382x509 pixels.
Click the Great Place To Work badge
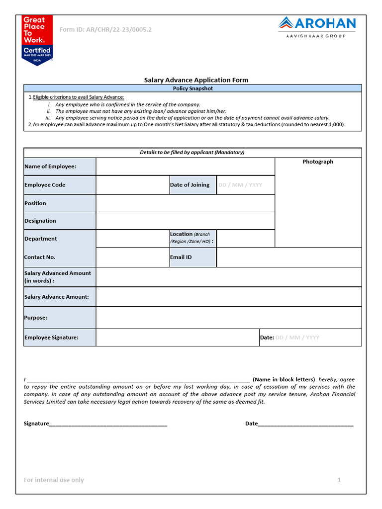click(x=37, y=40)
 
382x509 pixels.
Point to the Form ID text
click(x=105, y=30)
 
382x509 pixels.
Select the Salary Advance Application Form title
click(x=196, y=80)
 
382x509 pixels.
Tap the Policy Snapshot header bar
click(x=192, y=88)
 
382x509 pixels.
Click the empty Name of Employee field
click(x=185, y=167)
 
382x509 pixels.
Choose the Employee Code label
click(x=45, y=185)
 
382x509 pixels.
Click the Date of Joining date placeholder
click(x=240, y=185)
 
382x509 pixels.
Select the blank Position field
click(x=185, y=203)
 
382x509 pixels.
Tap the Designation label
click(x=40, y=221)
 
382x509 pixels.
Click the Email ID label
click(x=181, y=257)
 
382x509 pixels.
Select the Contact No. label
click(x=40, y=257)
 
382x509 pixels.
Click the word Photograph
click(x=318, y=162)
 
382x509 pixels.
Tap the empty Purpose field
click(x=228, y=318)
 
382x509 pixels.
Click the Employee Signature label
click(x=51, y=338)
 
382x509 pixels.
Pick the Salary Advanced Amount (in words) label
click(x=58, y=277)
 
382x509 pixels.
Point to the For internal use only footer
click(x=54, y=480)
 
